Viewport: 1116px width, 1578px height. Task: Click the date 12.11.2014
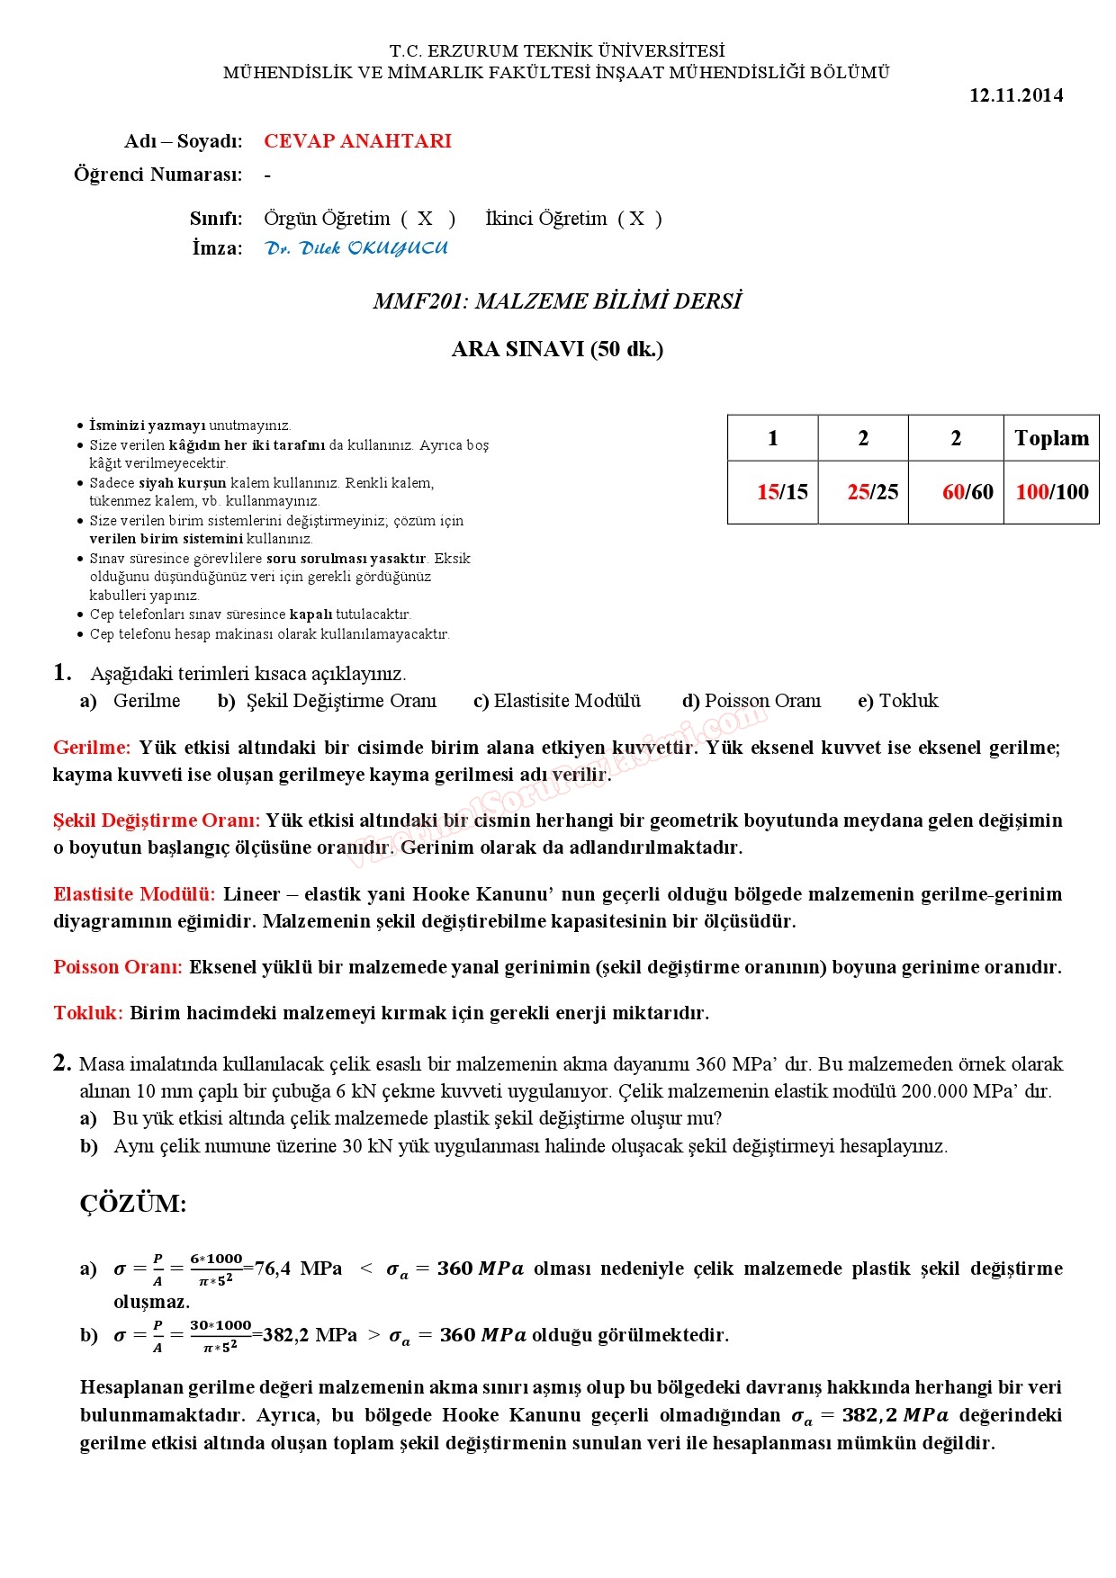1015,95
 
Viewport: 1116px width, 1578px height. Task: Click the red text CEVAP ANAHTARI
357,141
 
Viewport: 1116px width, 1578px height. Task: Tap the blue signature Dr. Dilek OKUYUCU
356,248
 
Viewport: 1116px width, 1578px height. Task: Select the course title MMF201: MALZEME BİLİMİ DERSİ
557,301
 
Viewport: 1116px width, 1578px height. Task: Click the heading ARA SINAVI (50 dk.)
557,349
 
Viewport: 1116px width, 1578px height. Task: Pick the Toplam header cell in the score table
1051,438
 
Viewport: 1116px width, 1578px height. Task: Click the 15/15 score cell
782,492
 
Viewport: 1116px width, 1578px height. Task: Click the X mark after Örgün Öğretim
425,219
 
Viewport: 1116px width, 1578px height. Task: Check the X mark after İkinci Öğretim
637,219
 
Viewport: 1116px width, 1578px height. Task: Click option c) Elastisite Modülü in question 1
557,701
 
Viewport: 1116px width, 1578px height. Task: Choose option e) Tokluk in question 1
897,701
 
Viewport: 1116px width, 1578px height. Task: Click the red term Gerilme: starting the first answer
92,748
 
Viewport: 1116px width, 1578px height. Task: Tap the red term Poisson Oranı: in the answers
118,967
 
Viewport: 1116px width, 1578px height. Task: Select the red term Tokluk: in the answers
88,1013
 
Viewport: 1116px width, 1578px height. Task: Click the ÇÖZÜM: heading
133,1204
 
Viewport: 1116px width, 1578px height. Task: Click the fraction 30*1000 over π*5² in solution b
220,1336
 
